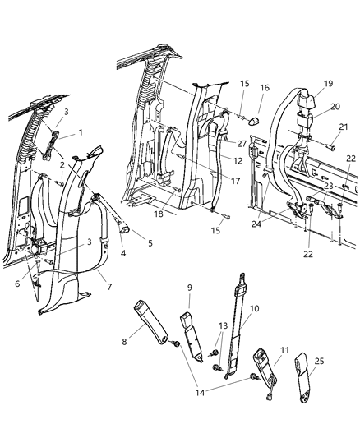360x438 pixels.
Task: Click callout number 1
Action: point(81,132)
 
